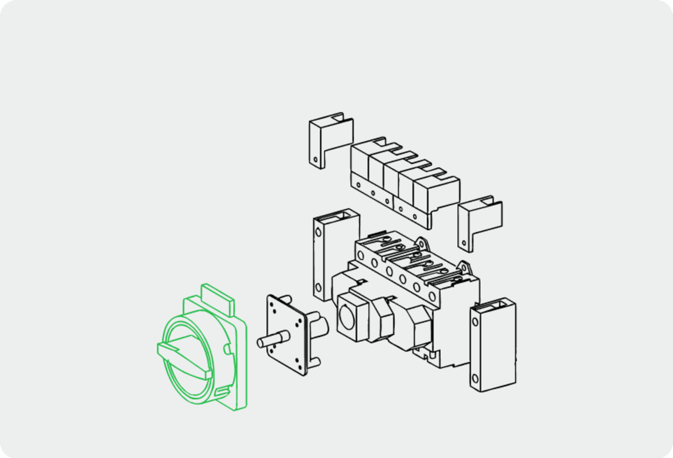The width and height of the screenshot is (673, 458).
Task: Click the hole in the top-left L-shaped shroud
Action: point(315,160)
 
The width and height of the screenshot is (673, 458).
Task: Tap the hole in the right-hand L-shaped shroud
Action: point(464,243)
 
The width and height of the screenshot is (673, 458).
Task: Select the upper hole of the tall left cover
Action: point(318,232)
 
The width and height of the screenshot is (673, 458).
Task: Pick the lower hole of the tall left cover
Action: point(318,288)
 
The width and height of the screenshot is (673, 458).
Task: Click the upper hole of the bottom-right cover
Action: point(475,322)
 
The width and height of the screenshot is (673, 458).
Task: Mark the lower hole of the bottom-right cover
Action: point(475,378)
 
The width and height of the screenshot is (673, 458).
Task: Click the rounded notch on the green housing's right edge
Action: point(227,349)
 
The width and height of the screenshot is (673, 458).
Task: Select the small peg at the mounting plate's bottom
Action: point(315,361)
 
